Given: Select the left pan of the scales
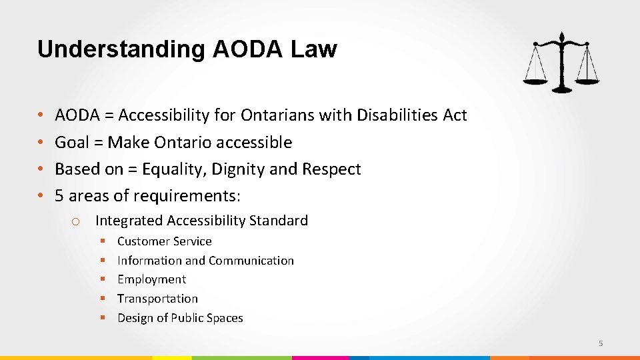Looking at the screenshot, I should (x=535, y=81).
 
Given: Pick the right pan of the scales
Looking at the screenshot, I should (x=587, y=81).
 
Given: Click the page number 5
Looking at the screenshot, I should (x=601, y=343).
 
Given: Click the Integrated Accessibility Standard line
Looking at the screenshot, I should (x=201, y=221).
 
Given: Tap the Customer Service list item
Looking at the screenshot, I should (x=164, y=241).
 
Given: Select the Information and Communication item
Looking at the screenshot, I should (x=205, y=261).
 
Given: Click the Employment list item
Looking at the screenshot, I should (x=151, y=279).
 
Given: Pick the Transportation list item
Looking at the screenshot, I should (x=157, y=299).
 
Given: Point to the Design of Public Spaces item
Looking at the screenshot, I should (x=180, y=318).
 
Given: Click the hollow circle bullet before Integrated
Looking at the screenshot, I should (x=76, y=221).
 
